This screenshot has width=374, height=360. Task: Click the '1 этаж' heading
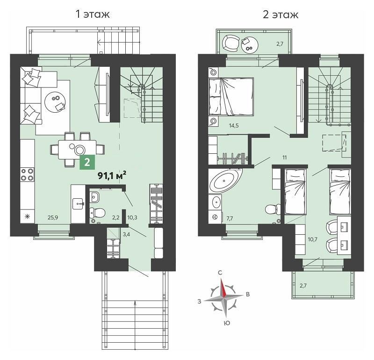click(x=93, y=14)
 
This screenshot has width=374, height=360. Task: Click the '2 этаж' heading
click(x=280, y=14)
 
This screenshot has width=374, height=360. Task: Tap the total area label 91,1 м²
click(x=112, y=176)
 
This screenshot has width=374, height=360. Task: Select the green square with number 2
click(x=87, y=162)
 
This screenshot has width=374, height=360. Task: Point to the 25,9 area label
click(x=53, y=217)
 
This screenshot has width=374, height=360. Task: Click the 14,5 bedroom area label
click(x=234, y=125)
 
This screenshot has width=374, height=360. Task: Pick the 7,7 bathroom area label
click(x=230, y=218)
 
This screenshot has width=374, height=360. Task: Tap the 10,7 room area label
click(x=312, y=239)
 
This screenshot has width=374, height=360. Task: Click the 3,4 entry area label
click(x=126, y=234)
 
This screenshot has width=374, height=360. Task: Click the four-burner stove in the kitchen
click(x=27, y=175)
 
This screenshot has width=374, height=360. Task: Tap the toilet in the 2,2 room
click(x=98, y=212)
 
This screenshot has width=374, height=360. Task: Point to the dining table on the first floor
click(x=78, y=149)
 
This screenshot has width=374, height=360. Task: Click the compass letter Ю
click(x=227, y=323)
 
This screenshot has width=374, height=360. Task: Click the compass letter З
click(x=199, y=301)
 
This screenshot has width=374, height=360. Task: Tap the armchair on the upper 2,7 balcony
click(x=231, y=43)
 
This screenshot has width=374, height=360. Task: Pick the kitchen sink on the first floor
click(x=78, y=204)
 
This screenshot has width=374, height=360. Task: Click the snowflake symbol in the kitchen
click(x=27, y=216)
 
